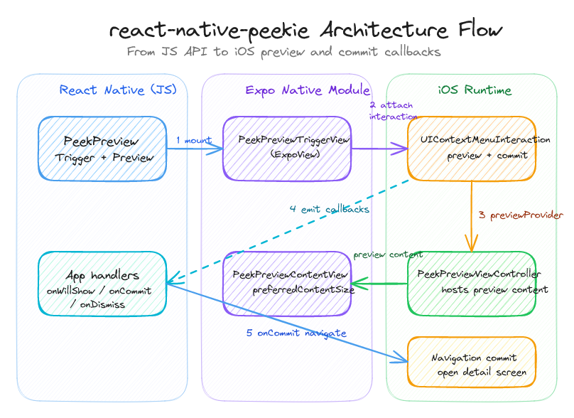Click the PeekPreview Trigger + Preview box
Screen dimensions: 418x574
click(102, 149)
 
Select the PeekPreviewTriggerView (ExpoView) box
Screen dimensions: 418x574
click(287, 149)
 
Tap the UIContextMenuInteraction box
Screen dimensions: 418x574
click(472, 149)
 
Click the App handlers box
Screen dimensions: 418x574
click(102, 284)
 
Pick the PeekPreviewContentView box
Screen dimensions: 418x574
click(287, 284)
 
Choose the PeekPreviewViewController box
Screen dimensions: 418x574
click(472, 284)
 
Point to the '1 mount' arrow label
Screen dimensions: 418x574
click(193, 141)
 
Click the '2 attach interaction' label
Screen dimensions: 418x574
click(391, 111)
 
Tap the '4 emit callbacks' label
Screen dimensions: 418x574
click(329, 210)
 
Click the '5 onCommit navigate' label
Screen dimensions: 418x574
click(296, 333)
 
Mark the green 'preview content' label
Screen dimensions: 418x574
click(388, 254)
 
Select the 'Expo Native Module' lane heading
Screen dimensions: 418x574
click(307, 90)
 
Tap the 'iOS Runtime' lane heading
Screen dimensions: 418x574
click(475, 90)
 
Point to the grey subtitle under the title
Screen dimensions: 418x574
click(283, 52)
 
